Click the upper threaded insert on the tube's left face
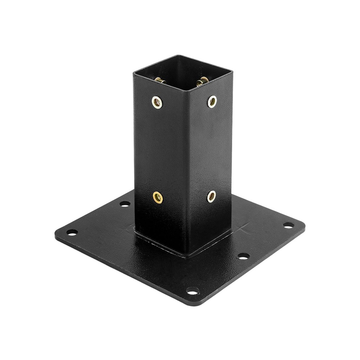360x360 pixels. pos(157,103)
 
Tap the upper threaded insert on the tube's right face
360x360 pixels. pos(212,101)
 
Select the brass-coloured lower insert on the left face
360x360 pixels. pos(158,197)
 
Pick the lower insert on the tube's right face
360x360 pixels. pos(212,196)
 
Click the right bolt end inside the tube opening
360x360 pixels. pos(202,81)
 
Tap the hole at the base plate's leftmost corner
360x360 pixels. pos(72,232)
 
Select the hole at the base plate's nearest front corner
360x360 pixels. pos(193,291)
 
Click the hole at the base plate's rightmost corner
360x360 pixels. pos(288,225)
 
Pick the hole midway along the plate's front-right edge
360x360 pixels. pos(243,256)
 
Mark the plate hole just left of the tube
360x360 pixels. pos(125,204)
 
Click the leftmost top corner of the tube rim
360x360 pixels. pos(134,73)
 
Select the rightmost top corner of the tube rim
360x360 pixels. pos(232,71)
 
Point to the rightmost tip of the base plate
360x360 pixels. pos(305,226)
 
